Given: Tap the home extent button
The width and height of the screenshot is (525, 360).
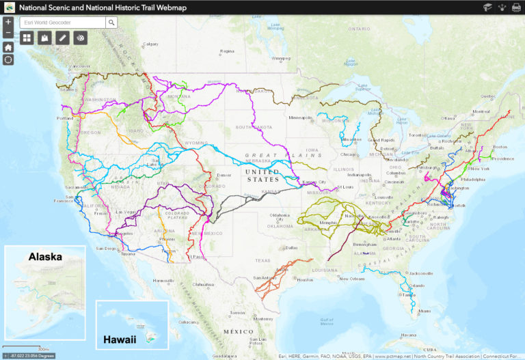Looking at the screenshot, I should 8,47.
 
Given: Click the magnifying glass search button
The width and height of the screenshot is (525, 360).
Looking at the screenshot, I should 111,22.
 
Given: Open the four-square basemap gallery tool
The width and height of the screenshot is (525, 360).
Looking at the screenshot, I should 27,38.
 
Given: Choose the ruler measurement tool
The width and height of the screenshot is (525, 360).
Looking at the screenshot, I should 62,38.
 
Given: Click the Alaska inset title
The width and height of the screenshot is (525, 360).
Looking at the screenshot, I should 45,257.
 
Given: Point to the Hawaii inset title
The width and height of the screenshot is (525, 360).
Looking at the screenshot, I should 120,339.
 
